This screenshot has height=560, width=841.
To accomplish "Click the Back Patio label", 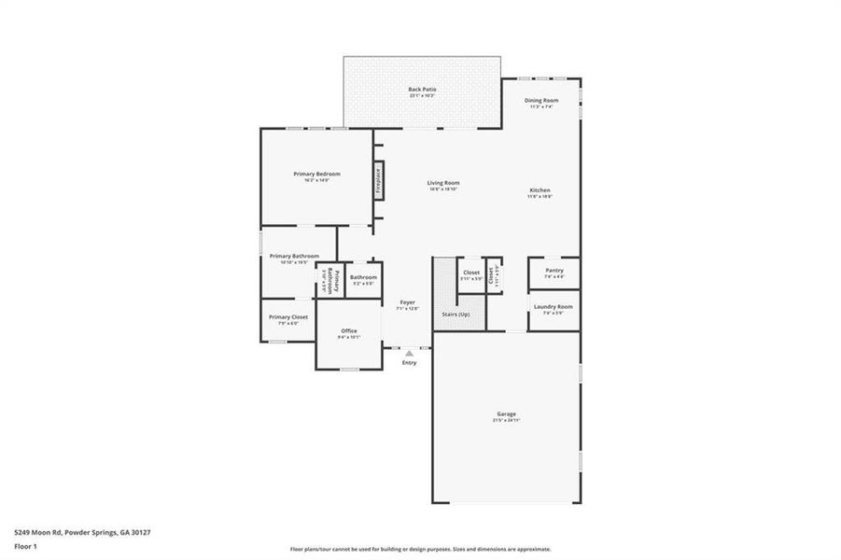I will point(422,90).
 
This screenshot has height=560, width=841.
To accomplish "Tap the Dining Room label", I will point(541,101).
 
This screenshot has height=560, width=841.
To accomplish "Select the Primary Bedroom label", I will point(316,175).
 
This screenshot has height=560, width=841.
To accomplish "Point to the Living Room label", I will point(443,184).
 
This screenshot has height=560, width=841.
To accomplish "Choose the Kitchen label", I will point(540,191).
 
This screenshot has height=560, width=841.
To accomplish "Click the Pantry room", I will point(554,272).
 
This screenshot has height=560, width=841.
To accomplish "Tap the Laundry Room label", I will point(553,307).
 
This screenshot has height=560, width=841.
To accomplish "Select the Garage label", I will point(507,414).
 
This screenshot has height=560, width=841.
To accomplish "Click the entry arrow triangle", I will point(408,353).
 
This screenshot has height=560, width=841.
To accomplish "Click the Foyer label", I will point(407,302).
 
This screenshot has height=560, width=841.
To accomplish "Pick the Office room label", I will point(349,331).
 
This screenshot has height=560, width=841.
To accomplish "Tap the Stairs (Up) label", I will point(456,315).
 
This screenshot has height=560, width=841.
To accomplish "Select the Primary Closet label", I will point(288,318).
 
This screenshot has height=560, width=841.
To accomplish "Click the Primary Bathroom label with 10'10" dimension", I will point(294,257).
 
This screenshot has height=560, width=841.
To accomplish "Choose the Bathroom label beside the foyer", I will point(363,278).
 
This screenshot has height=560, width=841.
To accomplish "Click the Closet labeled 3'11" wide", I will point(471,273).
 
